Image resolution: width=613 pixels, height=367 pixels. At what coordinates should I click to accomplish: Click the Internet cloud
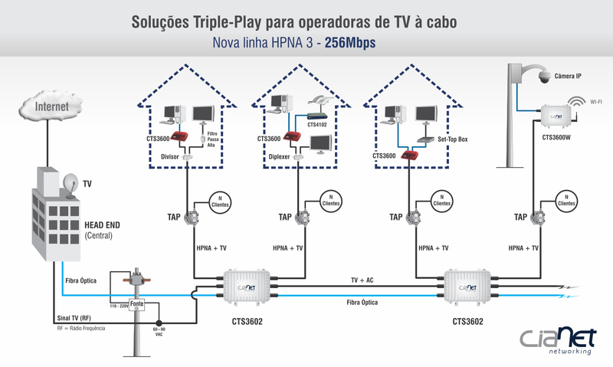[x=51, y=106]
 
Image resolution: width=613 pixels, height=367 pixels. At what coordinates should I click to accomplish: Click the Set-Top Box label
[x=452, y=140]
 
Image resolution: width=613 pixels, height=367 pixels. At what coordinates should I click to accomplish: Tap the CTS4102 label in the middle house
[x=317, y=123]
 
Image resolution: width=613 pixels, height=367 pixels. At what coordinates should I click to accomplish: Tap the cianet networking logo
[x=556, y=339]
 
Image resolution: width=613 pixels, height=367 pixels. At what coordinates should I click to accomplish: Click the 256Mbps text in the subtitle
[x=350, y=43]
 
